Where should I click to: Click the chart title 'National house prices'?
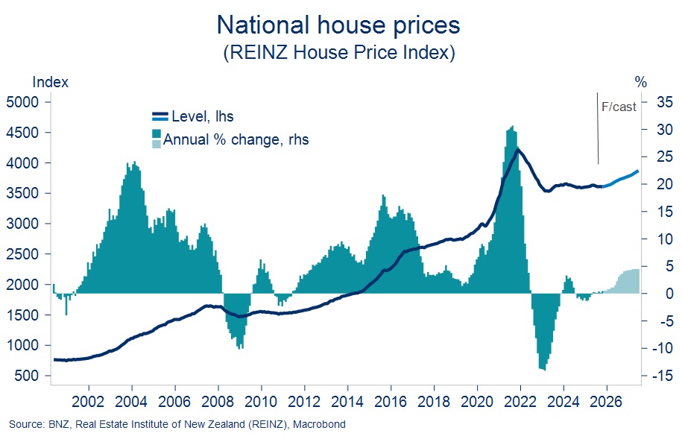(x=338, y=25)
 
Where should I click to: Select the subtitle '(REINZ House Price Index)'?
(x=339, y=53)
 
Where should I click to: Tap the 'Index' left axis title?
(x=51, y=82)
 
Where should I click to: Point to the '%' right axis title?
(x=641, y=82)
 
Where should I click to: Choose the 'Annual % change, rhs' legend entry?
(x=230, y=139)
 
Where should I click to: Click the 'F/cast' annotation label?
(x=619, y=107)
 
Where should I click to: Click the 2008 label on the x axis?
(x=218, y=402)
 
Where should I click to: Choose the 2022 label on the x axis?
(x=520, y=402)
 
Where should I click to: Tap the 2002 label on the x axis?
(x=88, y=402)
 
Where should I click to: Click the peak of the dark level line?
(x=517, y=150)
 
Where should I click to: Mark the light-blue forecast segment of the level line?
(x=621, y=179)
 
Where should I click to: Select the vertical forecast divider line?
(x=598, y=128)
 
